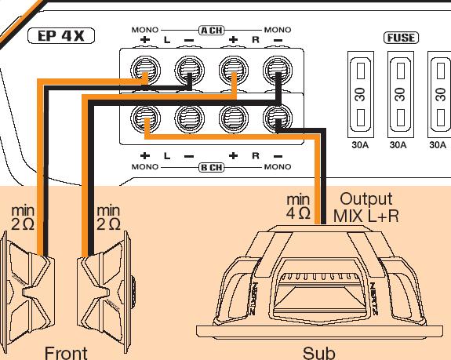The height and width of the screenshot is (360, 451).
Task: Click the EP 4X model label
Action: click(x=61, y=36)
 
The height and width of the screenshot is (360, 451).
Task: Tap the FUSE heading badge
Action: click(x=401, y=38)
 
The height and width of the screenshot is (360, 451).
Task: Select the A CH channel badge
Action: click(x=212, y=30)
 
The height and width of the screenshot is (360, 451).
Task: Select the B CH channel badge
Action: click(x=212, y=167)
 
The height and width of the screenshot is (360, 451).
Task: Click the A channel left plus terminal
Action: click(x=146, y=70)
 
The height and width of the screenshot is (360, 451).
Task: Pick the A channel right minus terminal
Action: click(x=278, y=70)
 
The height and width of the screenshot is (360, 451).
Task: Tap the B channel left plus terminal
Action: click(x=146, y=118)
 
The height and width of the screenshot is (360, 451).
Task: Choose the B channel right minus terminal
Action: click(x=278, y=118)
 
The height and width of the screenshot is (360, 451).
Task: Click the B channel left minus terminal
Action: click(x=190, y=118)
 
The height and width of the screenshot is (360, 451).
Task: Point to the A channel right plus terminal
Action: click(x=234, y=70)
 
